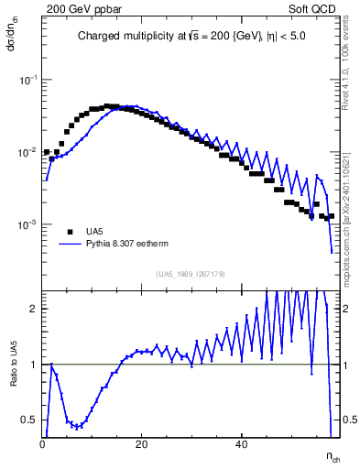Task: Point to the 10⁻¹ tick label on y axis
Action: tap(28, 81)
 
